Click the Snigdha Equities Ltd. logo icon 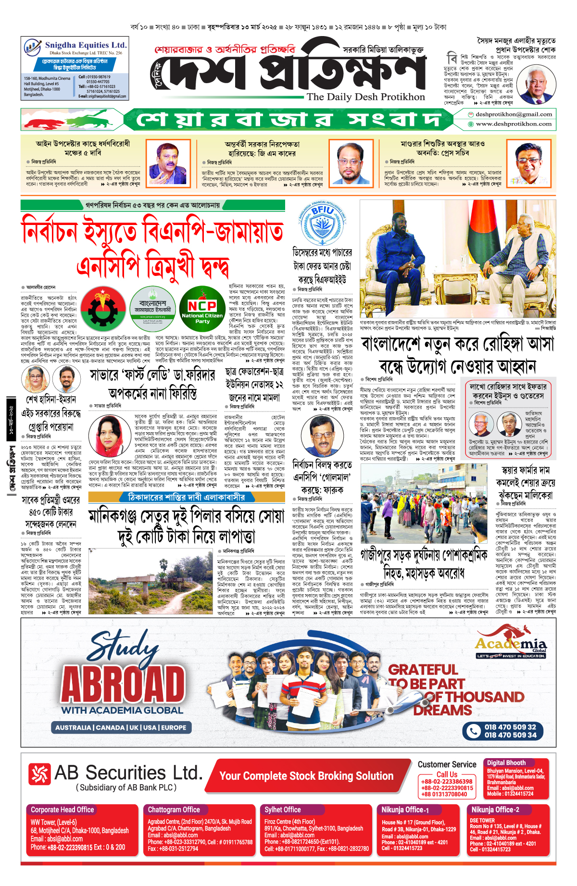point(32,48)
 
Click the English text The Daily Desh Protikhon point(366,97)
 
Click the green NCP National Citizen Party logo point(202,309)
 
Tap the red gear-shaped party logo point(103,309)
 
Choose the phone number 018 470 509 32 point(510,727)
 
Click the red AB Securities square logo point(39,774)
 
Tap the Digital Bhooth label point(506,762)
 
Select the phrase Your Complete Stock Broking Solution point(306,775)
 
